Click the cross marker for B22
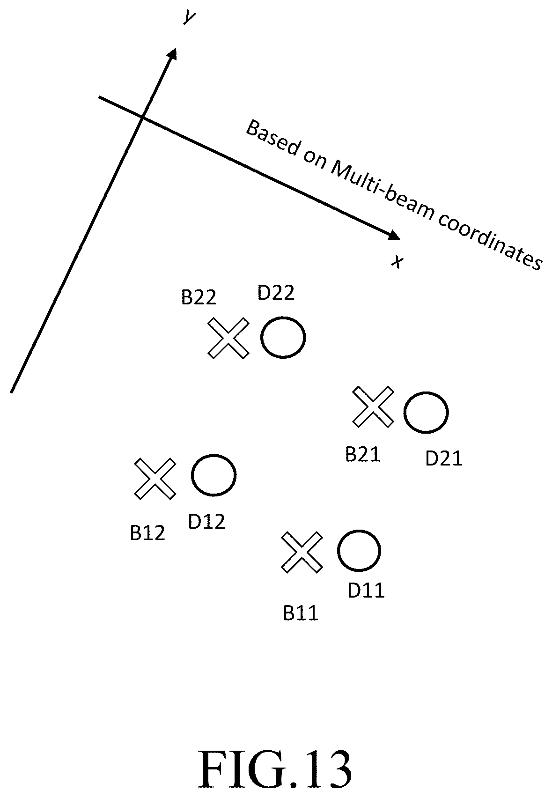coord(228,338)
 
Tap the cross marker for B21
coord(373,406)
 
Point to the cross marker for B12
coord(155,479)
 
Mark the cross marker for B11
coord(302,553)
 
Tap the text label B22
coord(199,297)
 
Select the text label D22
coord(276,293)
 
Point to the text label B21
coord(362,454)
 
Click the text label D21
coord(444,458)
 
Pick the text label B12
coord(147,533)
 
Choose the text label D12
coord(206,522)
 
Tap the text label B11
coord(301,613)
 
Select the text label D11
coord(366,590)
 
